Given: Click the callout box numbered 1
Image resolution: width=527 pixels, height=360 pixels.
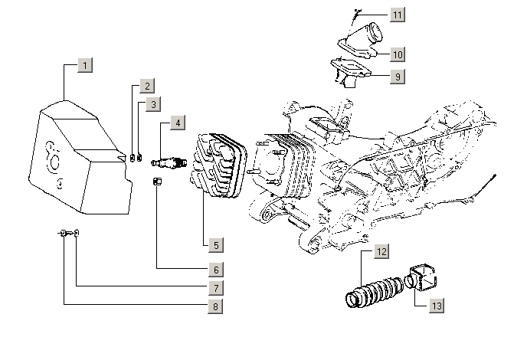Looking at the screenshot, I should [86, 65].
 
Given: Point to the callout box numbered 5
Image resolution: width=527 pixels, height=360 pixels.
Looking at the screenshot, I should [217, 245].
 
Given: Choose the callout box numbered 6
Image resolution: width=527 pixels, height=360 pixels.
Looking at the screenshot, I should [217, 269].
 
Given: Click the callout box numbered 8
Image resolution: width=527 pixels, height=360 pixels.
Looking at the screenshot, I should [217, 306].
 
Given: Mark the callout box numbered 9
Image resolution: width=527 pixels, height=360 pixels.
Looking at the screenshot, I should [397, 77].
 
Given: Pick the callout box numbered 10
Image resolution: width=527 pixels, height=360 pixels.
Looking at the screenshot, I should [397, 54].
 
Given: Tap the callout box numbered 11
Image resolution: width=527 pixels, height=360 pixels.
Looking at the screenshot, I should [397, 15].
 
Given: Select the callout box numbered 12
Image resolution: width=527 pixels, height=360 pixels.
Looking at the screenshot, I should [381, 251].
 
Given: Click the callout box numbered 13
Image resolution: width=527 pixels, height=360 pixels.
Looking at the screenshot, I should [436, 306].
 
